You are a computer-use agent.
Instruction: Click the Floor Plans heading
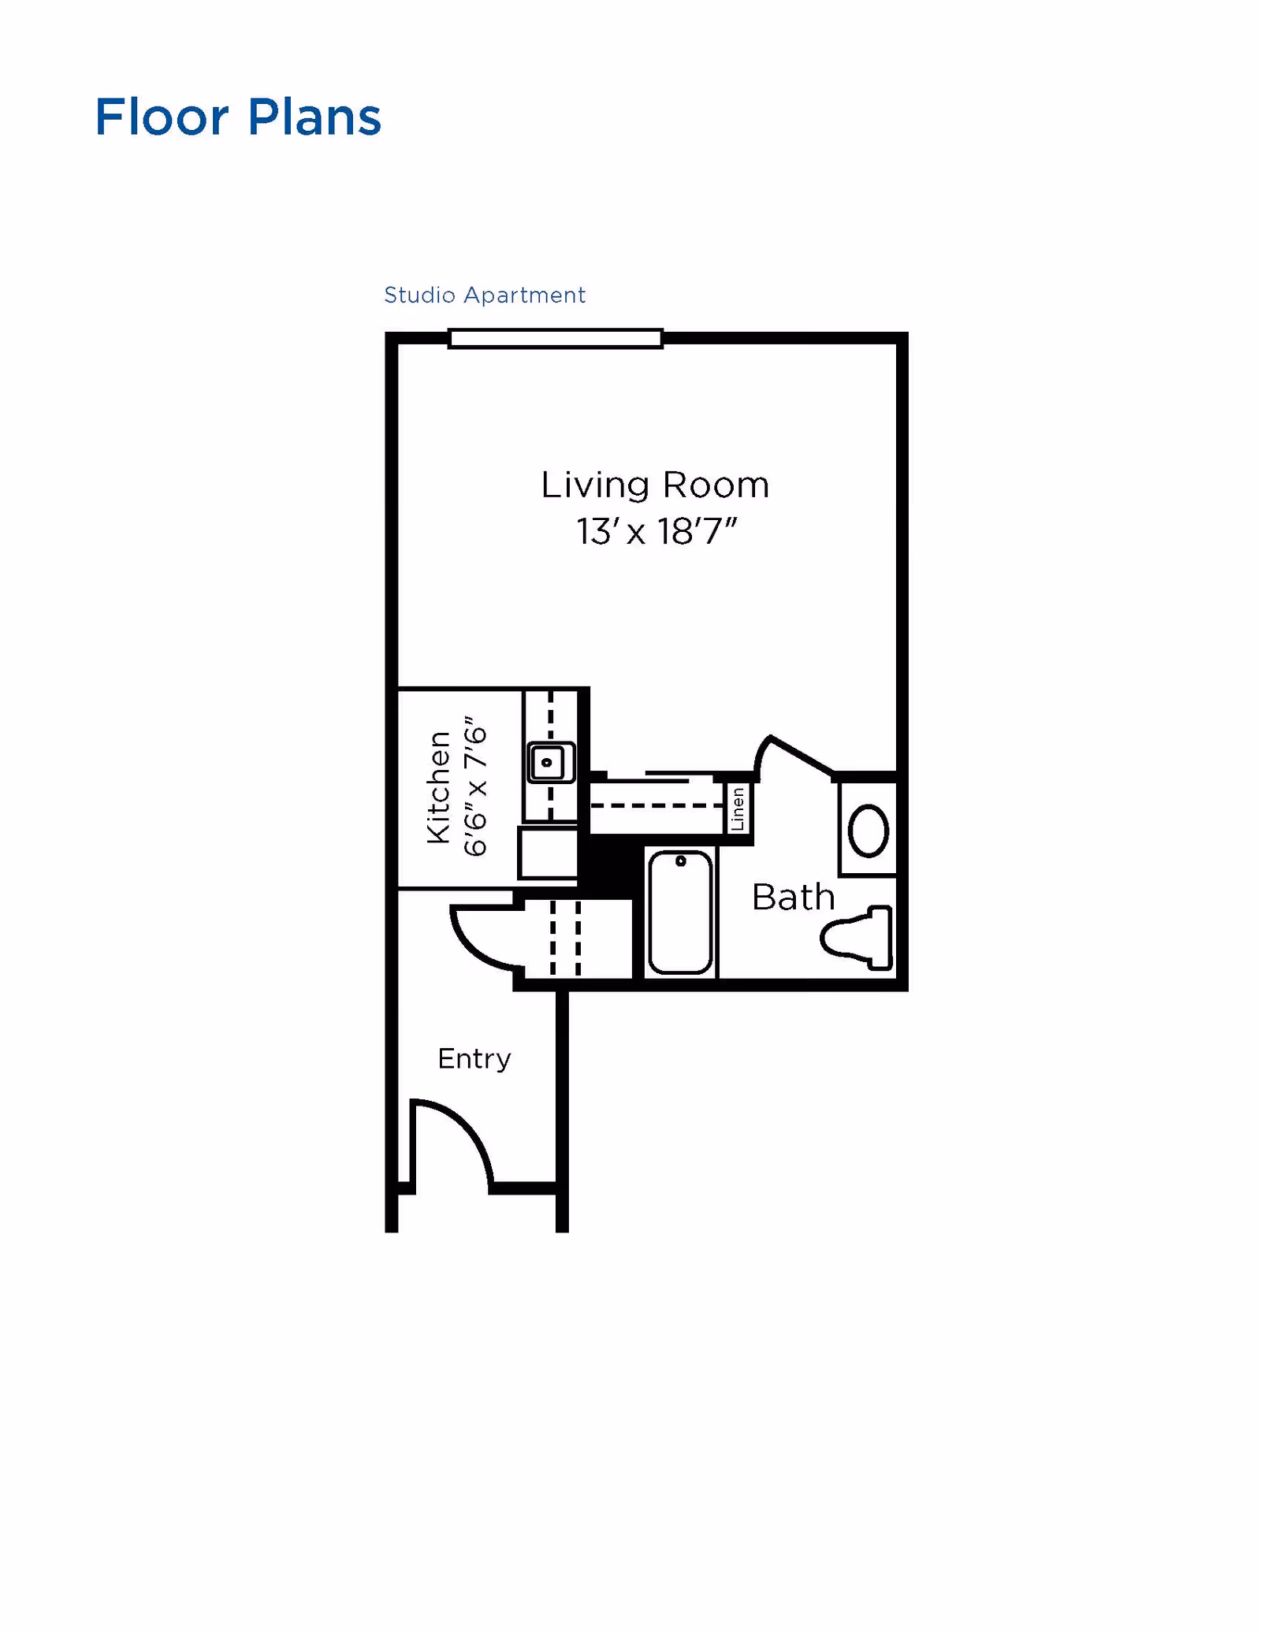pyautogui.click(x=237, y=117)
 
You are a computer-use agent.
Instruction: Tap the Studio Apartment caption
pyautogui.click(x=484, y=295)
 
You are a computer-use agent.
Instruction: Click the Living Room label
pyautogui.click(x=654, y=485)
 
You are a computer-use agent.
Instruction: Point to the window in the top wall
pyautogui.click(x=555, y=339)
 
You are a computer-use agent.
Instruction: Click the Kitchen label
pyautogui.click(x=438, y=786)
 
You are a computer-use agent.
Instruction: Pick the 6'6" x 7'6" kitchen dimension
pyautogui.click(x=475, y=786)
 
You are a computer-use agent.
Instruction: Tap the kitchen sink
pyautogui.click(x=550, y=762)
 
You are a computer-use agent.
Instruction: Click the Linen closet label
pyautogui.click(x=738, y=809)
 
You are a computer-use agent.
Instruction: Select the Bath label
pyautogui.click(x=793, y=897)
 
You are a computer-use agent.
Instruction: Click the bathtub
pyautogui.click(x=680, y=914)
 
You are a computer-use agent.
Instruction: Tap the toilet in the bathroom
pyautogui.click(x=859, y=938)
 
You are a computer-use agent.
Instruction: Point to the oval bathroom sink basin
pyautogui.click(x=869, y=830)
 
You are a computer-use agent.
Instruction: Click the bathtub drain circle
pyautogui.click(x=681, y=861)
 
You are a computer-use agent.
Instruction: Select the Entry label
pyautogui.click(x=474, y=1058)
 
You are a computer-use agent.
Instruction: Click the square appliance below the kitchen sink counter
pyautogui.click(x=549, y=852)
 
